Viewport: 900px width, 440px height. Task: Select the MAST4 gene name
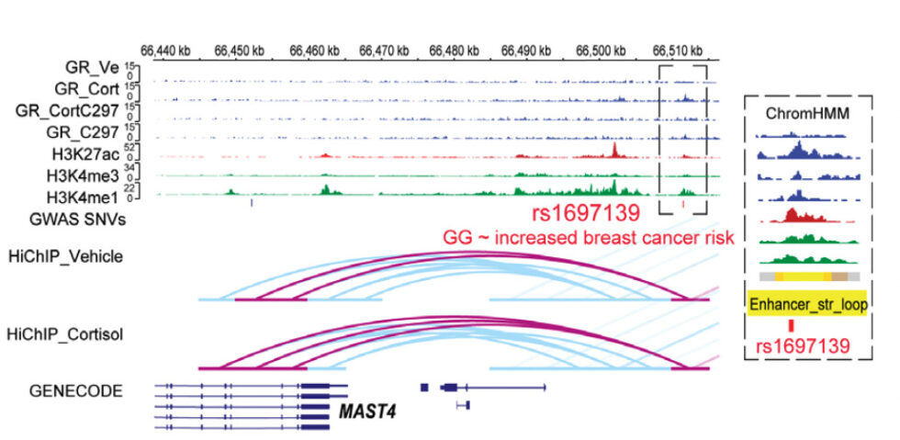click(367, 411)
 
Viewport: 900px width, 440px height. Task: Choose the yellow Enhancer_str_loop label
click(806, 302)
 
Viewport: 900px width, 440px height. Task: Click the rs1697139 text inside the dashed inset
click(799, 346)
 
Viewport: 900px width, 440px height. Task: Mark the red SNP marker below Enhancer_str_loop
click(790, 324)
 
